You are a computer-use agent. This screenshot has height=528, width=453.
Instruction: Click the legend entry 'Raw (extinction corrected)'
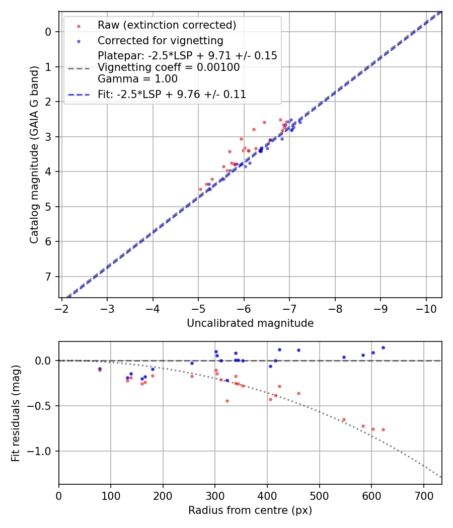pos(167,25)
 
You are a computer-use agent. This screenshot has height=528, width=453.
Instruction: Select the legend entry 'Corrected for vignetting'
pos(160,40)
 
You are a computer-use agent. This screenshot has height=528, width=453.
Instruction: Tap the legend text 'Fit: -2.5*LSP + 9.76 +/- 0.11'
pos(172,94)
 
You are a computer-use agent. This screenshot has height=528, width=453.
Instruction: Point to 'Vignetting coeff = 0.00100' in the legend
pos(169,67)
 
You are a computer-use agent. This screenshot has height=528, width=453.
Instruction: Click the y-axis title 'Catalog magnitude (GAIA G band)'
pos(34,155)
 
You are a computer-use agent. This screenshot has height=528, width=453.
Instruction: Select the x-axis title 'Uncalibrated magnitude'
pos(250,323)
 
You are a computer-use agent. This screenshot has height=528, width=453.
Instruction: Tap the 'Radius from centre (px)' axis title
pos(250,510)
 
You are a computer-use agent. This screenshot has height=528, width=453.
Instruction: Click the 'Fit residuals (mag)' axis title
pos(16,413)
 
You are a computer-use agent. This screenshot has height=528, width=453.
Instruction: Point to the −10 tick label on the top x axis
pos(426,308)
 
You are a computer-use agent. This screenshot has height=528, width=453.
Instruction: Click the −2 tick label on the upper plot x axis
pos(62,308)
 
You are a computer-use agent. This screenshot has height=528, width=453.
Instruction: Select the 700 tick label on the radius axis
pos(423,495)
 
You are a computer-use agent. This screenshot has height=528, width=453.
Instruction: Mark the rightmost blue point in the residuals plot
pos(383,347)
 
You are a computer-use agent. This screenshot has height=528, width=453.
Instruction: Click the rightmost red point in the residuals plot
pos(383,429)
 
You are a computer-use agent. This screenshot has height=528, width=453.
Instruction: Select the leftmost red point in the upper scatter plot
pos(200,189)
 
